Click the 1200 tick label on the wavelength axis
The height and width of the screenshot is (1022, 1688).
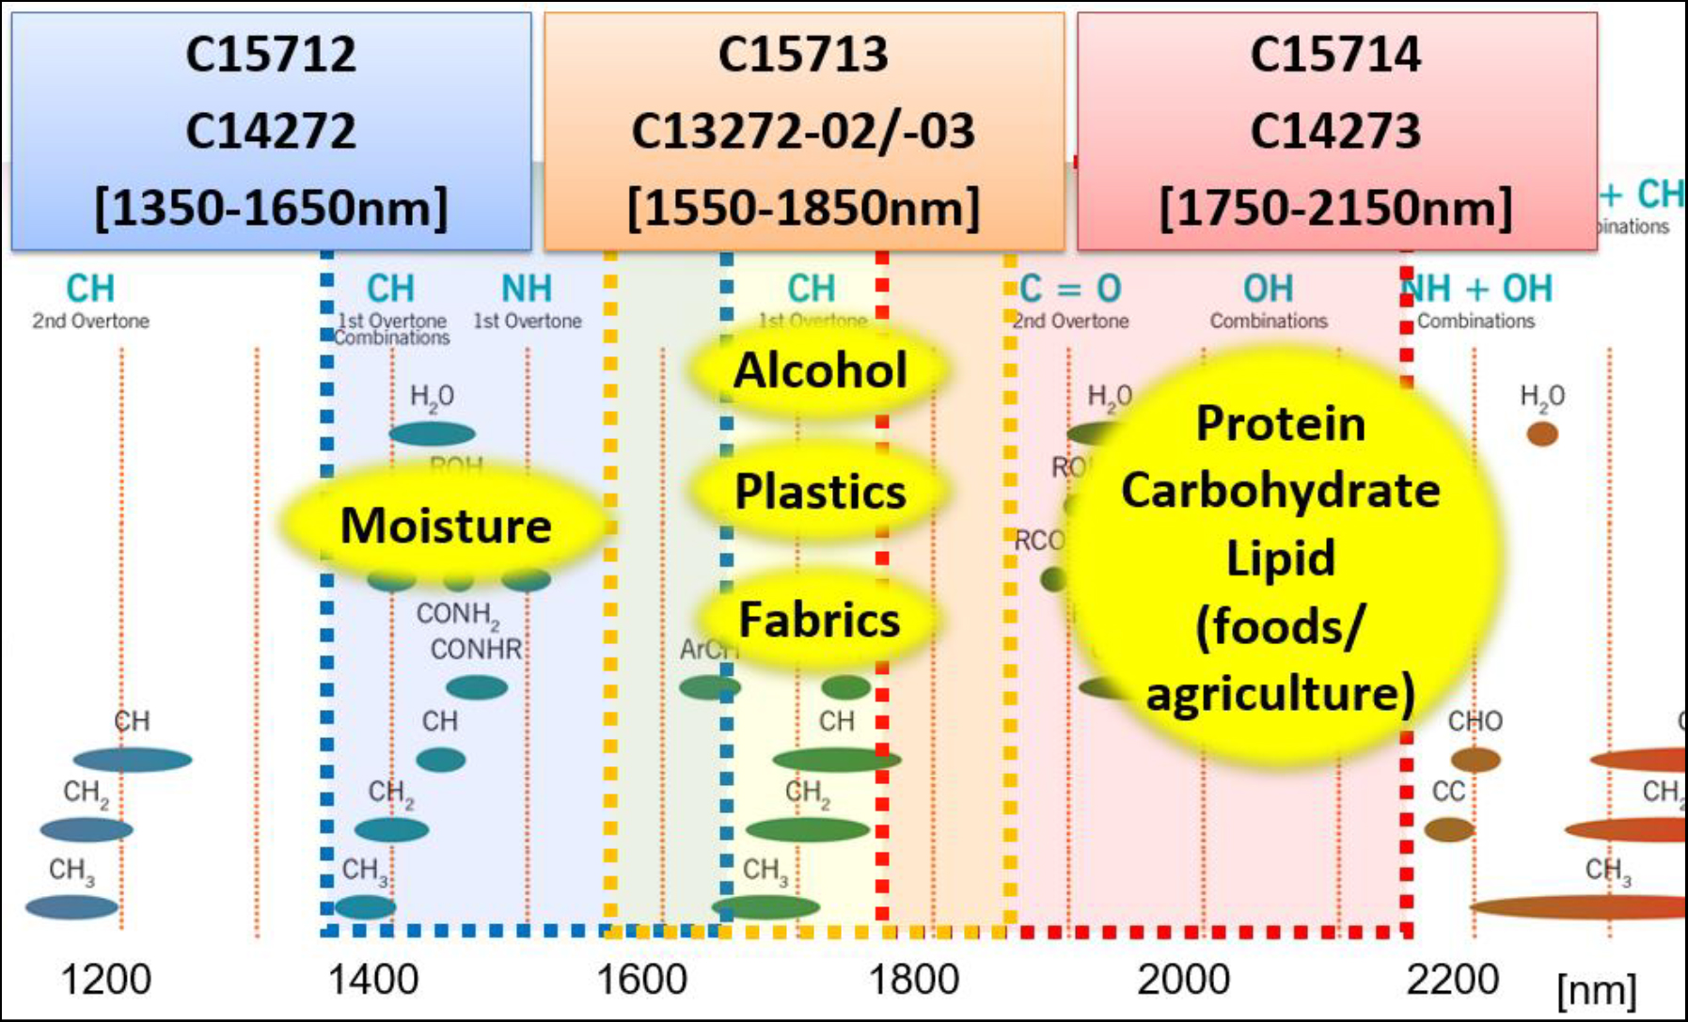pos(105,980)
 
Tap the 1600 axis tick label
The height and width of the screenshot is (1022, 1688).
pos(642,980)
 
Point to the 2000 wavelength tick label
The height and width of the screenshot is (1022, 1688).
pos(1183,980)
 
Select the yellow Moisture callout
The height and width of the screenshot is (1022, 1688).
pos(446,525)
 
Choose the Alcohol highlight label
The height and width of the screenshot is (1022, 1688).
pos(820,369)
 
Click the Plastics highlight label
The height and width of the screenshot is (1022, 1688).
pos(820,492)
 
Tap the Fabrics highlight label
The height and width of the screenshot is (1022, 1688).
pos(819,620)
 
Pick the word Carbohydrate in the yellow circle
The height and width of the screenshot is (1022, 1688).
pos(1280,491)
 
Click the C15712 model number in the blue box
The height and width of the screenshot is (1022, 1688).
pos(271,54)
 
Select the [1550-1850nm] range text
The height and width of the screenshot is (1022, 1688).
pos(803,208)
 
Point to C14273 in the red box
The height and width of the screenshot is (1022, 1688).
pos(1335,131)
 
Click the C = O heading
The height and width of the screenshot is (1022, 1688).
pos(1070,289)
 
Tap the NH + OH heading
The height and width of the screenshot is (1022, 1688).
pos(1476,289)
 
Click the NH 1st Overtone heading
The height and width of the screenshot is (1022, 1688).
pos(527,289)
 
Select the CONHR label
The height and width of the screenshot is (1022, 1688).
pos(476,649)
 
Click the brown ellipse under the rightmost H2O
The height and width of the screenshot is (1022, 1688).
pos(1542,433)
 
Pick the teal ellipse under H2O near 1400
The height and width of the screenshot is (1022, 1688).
pos(432,433)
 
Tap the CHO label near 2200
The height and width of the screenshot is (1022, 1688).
pos(1475,721)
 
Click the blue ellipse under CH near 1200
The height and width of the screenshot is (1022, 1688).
pos(133,759)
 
